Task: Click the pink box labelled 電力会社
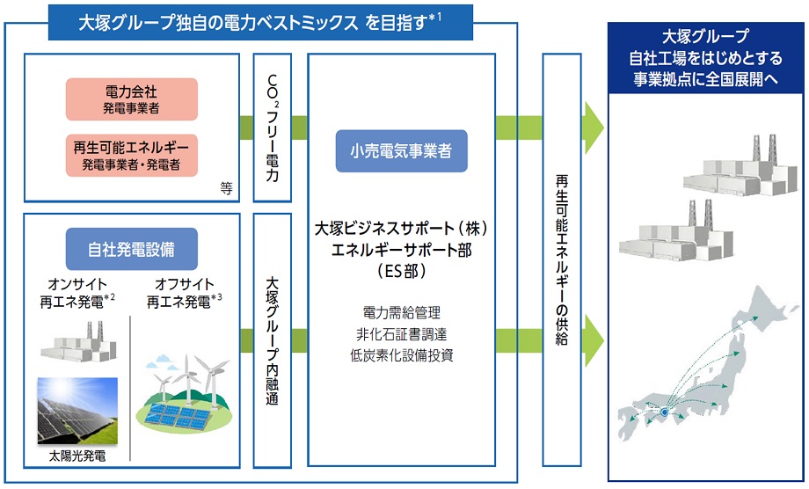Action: click(x=131, y=99)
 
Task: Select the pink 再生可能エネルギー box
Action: click(x=131, y=154)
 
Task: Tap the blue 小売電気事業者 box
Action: click(x=401, y=151)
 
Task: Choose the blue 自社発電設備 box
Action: click(x=131, y=249)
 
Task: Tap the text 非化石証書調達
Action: click(x=401, y=334)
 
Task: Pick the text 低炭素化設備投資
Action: click(x=401, y=355)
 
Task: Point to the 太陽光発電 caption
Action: click(x=77, y=458)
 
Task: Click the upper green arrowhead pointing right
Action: click(x=594, y=128)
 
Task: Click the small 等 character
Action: click(x=226, y=187)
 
